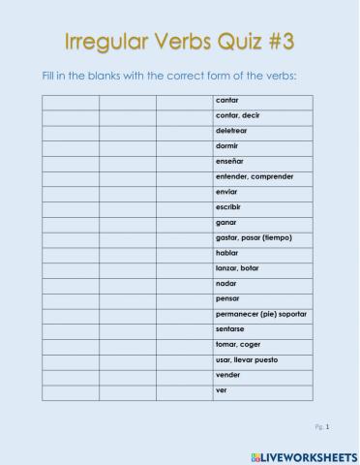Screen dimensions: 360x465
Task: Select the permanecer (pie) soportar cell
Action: (x=261, y=314)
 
